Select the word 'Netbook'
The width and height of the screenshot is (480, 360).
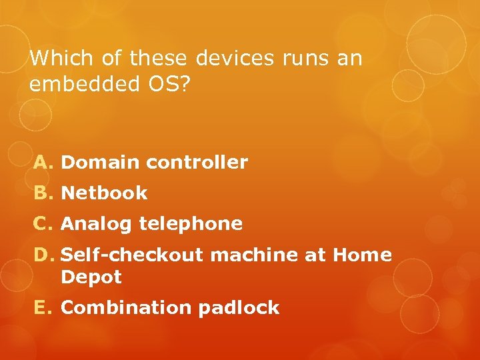104,193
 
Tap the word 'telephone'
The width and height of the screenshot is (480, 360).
191,224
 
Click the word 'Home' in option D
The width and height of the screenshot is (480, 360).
362,255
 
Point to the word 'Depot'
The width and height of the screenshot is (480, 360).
91,277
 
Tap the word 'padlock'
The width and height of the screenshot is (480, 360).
238,308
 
